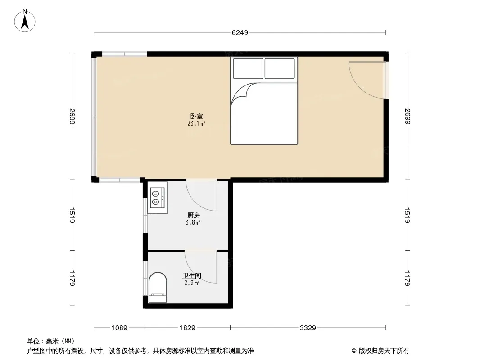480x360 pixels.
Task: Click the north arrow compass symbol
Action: click(25, 21)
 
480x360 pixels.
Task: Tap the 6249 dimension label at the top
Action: click(240, 33)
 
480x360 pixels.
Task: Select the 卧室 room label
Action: click(196, 116)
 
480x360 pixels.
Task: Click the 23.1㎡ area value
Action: click(196, 124)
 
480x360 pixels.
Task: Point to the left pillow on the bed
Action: click(248, 68)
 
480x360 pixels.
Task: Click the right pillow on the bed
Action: click(280, 68)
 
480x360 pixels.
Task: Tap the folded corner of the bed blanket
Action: click(242, 93)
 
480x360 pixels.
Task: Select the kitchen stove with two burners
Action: click(157, 198)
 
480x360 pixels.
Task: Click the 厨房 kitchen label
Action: click(194, 216)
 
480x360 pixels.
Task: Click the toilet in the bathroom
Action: click(158, 287)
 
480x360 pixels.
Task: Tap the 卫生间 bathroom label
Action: click(192, 275)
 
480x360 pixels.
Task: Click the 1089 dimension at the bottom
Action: click(119, 328)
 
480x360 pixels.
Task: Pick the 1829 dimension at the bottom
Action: click(187, 328)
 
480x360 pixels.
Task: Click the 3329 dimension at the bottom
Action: click(308, 328)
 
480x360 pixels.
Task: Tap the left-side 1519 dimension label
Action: click(72, 216)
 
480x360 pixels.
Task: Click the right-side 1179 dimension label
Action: click(407, 278)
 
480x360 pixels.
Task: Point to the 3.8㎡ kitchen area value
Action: click(193, 223)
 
